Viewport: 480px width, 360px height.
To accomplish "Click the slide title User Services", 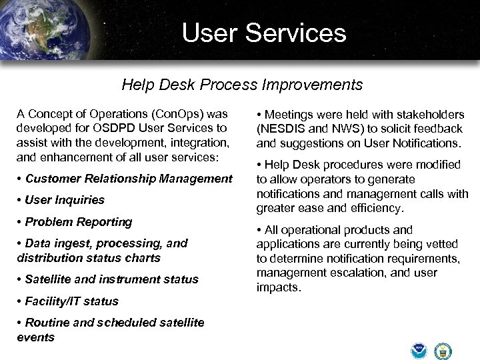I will pyautogui.click(x=264, y=33).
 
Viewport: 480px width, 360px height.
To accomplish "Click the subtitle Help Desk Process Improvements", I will pyautogui.click(x=242, y=85).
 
